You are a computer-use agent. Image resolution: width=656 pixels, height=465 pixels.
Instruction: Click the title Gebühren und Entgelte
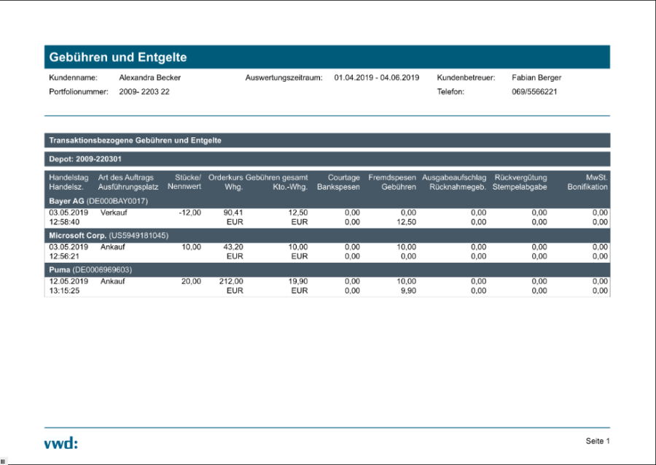[x=118, y=57]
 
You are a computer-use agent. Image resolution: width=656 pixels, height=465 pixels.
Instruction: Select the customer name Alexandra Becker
[x=149, y=77]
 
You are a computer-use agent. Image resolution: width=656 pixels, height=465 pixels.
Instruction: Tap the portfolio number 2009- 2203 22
[x=144, y=92]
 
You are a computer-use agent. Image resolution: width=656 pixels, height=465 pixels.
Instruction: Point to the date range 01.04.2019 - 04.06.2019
[x=377, y=77]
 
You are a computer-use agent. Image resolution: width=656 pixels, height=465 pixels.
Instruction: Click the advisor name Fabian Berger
[x=536, y=77]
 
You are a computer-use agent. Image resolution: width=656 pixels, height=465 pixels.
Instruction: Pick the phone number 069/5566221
[x=534, y=92]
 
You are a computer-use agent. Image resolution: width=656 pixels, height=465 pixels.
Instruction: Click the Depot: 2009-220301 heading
[x=85, y=159]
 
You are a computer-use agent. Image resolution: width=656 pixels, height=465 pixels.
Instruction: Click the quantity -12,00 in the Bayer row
[x=190, y=212]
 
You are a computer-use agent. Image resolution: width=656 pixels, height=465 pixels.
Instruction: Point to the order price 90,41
[x=233, y=212]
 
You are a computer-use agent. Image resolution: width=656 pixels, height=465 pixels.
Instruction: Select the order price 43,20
[x=233, y=247]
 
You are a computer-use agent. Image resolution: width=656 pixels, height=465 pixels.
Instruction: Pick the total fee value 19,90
[x=297, y=281]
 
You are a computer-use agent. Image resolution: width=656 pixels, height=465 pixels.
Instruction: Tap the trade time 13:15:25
[x=64, y=291]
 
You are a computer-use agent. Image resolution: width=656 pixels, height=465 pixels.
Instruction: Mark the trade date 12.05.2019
[x=69, y=281]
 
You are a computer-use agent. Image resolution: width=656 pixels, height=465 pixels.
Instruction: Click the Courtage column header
[x=343, y=177]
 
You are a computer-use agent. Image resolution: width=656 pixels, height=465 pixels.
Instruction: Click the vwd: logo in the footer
[x=60, y=442]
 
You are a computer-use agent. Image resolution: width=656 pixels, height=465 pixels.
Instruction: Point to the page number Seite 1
[x=597, y=441]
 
